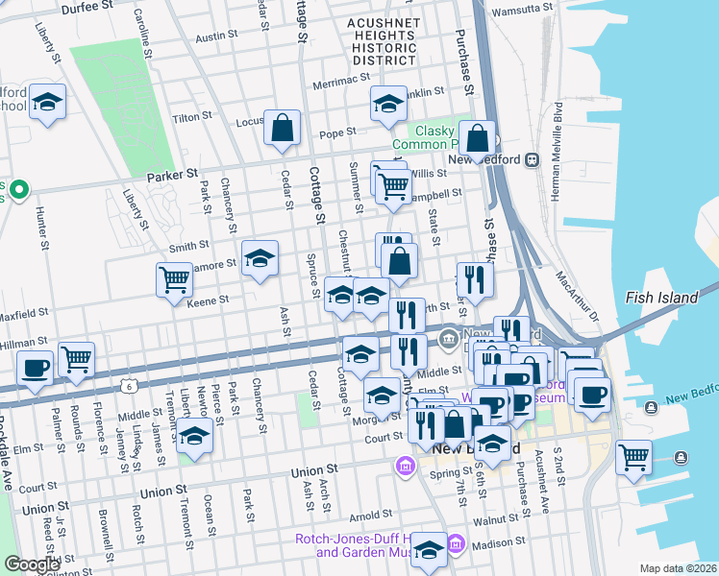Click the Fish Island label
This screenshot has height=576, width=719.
(x=661, y=298)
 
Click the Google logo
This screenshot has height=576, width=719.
(x=33, y=564)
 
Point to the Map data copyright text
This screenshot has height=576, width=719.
(x=678, y=568)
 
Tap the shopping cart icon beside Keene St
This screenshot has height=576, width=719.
(x=174, y=279)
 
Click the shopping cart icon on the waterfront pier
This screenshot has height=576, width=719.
(x=633, y=456)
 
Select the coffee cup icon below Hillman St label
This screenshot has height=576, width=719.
(x=36, y=368)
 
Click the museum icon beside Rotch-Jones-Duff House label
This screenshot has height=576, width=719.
(x=456, y=546)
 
